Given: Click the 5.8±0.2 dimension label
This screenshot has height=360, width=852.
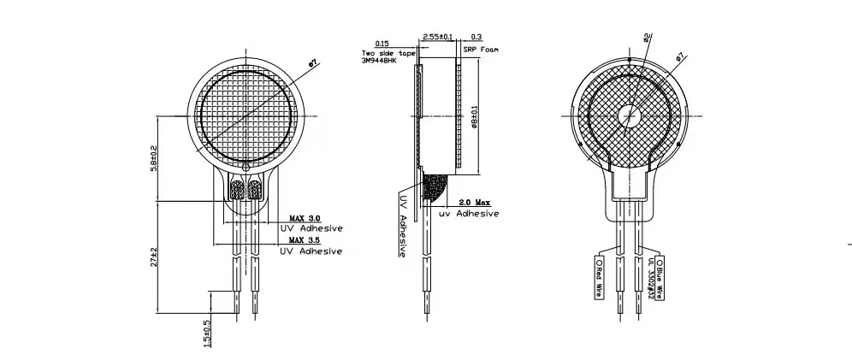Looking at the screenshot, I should pos(154,156).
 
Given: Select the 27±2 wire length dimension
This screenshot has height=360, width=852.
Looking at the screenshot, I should pos(154,256).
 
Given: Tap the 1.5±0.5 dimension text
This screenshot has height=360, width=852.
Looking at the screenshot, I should pos(205,333).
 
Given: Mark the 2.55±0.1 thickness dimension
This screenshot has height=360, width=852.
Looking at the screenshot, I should pos(438,38).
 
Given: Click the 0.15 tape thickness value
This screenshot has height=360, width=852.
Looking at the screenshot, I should pos(382,43).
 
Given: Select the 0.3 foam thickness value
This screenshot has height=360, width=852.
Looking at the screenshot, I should pos(476,38).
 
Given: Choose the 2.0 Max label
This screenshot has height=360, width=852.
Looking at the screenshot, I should pos(475,202).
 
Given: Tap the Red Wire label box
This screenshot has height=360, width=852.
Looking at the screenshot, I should pos(598,277).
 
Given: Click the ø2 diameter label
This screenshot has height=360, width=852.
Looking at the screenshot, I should pos(647,37).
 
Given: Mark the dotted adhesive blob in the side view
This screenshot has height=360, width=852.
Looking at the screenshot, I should pos(436,188).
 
